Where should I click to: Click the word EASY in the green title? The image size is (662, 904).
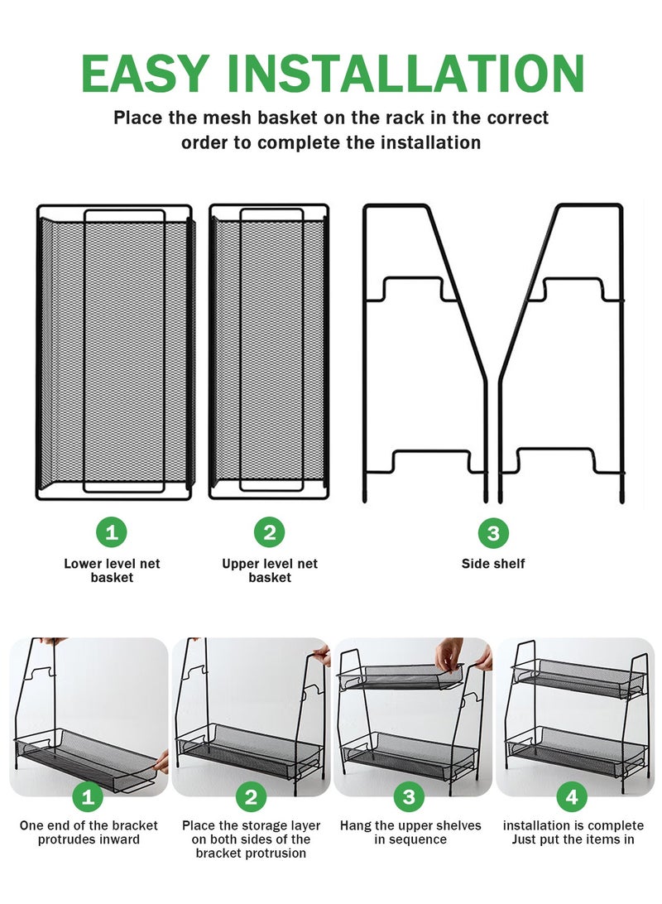tap(145, 73)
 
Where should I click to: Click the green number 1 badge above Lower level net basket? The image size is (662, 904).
tap(112, 532)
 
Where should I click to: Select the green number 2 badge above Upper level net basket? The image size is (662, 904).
tap(270, 532)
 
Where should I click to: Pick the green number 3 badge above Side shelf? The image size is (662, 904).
tap(493, 533)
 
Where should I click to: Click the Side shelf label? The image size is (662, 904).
tap(493, 564)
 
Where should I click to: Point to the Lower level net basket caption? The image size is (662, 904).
tap(112, 570)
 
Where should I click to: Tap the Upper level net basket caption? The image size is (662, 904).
tap(270, 570)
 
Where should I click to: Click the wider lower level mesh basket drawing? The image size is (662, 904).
tap(115, 352)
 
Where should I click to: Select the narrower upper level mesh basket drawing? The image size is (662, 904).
tap(269, 351)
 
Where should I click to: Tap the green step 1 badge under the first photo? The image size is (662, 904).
tap(88, 797)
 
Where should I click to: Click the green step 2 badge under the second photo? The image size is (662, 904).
tap(251, 797)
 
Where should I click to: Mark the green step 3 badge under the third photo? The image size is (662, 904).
tap(409, 797)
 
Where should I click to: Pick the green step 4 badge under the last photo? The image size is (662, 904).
tap(572, 797)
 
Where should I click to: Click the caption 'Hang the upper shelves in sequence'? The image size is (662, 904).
tap(410, 833)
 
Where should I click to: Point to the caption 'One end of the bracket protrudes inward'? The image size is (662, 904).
tap(89, 833)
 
